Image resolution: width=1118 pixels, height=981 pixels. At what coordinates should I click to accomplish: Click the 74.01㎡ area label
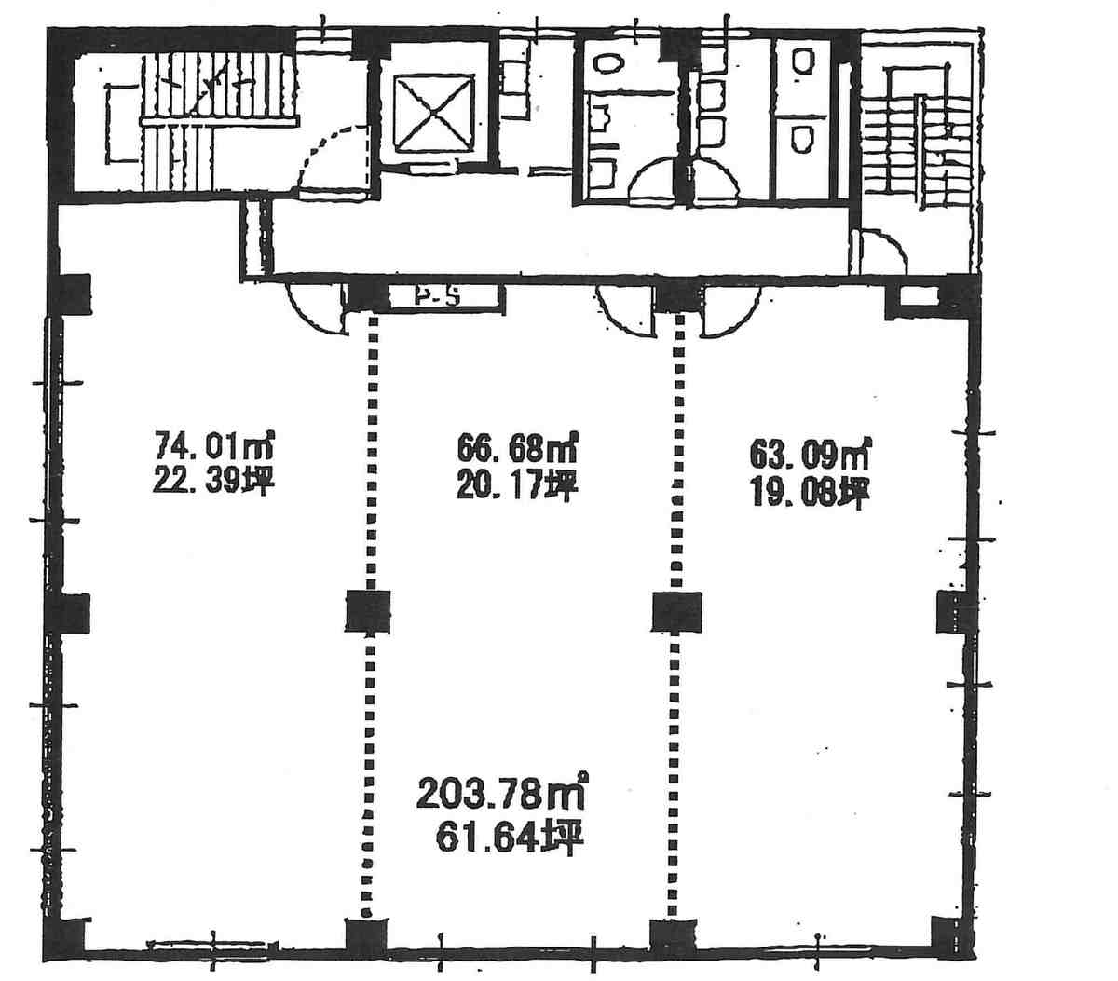click(214, 446)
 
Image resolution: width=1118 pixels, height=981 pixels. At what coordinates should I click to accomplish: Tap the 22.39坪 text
click(213, 483)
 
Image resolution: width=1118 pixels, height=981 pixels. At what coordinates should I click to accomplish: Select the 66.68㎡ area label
click(516, 448)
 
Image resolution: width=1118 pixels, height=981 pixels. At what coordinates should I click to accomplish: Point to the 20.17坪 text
click(516, 485)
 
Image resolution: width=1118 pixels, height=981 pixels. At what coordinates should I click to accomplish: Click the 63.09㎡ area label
click(809, 455)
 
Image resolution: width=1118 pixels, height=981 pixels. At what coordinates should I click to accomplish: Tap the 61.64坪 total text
click(510, 838)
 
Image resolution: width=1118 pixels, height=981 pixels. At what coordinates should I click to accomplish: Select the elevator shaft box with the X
click(434, 113)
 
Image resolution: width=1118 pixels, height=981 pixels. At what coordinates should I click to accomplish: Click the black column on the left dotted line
click(368, 611)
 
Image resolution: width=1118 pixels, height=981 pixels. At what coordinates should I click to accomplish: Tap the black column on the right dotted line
click(676, 611)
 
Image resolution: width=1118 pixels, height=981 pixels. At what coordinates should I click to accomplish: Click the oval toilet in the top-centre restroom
click(607, 62)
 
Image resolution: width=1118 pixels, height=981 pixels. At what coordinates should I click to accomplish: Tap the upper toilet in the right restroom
click(803, 61)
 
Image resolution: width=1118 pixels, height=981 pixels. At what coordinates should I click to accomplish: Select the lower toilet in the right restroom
click(803, 139)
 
